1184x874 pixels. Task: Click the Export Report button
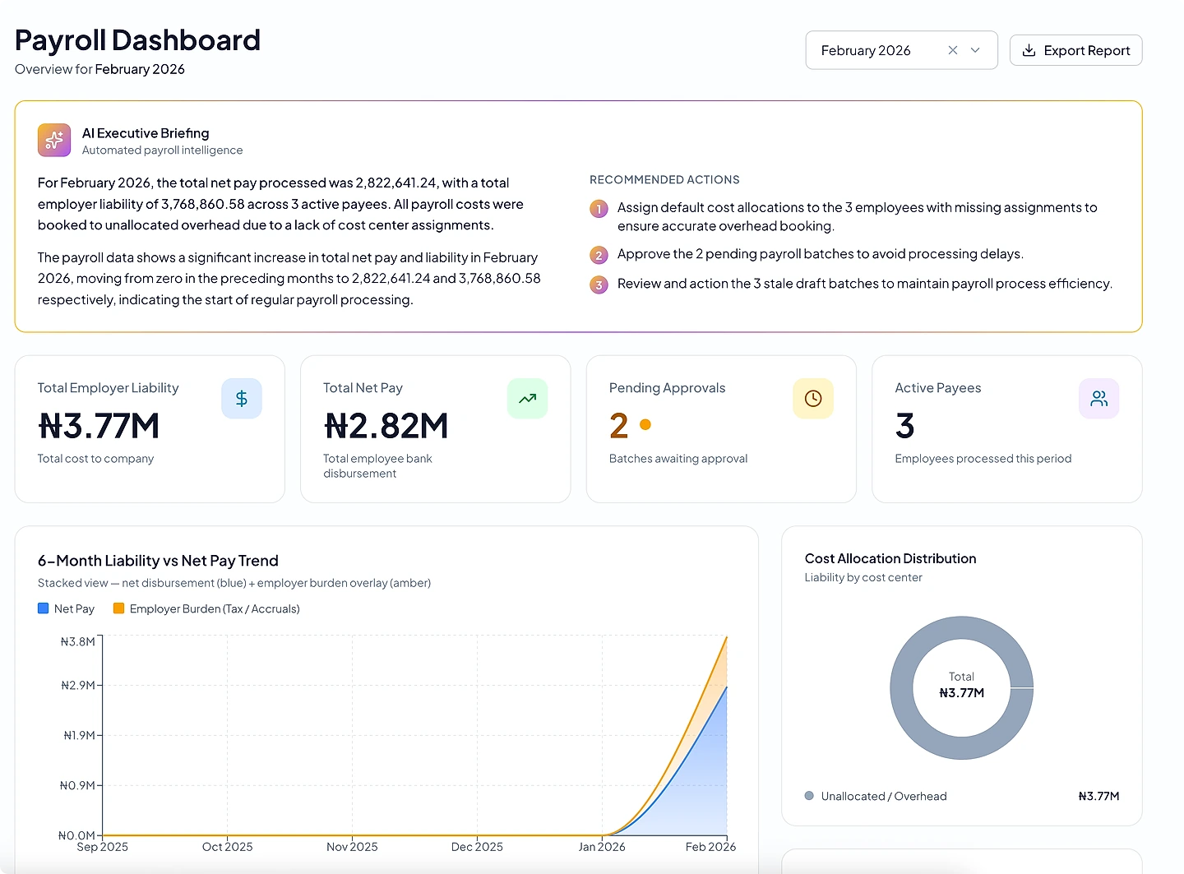pyautogui.click(x=1075, y=50)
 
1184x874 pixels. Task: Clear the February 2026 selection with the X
pyautogui.click(x=952, y=50)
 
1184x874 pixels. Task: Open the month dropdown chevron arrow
pyautogui.click(x=975, y=50)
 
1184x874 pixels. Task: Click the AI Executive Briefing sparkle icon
pyautogui.click(x=54, y=140)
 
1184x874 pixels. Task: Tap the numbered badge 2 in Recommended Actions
pyautogui.click(x=599, y=255)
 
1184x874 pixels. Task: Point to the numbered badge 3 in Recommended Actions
pyautogui.click(x=599, y=285)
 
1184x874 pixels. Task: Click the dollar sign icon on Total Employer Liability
pyautogui.click(x=241, y=398)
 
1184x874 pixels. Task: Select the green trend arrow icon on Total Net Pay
pyautogui.click(x=527, y=398)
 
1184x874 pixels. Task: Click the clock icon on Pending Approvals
pyautogui.click(x=813, y=398)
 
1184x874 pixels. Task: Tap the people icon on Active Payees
pyautogui.click(x=1098, y=398)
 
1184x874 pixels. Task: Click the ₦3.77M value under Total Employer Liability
pyautogui.click(x=99, y=426)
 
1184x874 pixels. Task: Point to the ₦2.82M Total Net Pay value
pyautogui.click(x=386, y=426)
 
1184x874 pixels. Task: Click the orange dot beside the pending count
pyautogui.click(x=645, y=424)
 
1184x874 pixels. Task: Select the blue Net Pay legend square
pyautogui.click(x=44, y=608)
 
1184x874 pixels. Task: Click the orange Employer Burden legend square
pyautogui.click(x=118, y=608)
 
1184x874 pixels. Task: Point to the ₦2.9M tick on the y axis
pyautogui.click(x=78, y=685)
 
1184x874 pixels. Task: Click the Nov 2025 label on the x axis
pyautogui.click(x=352, y=847)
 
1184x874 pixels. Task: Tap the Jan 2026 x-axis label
pyautogui.click(x=602, y=847)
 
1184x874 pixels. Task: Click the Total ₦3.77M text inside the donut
pyautogui.click(x=961, y=685)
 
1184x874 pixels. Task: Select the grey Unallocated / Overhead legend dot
pyautogui.click(x=809, y=796)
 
